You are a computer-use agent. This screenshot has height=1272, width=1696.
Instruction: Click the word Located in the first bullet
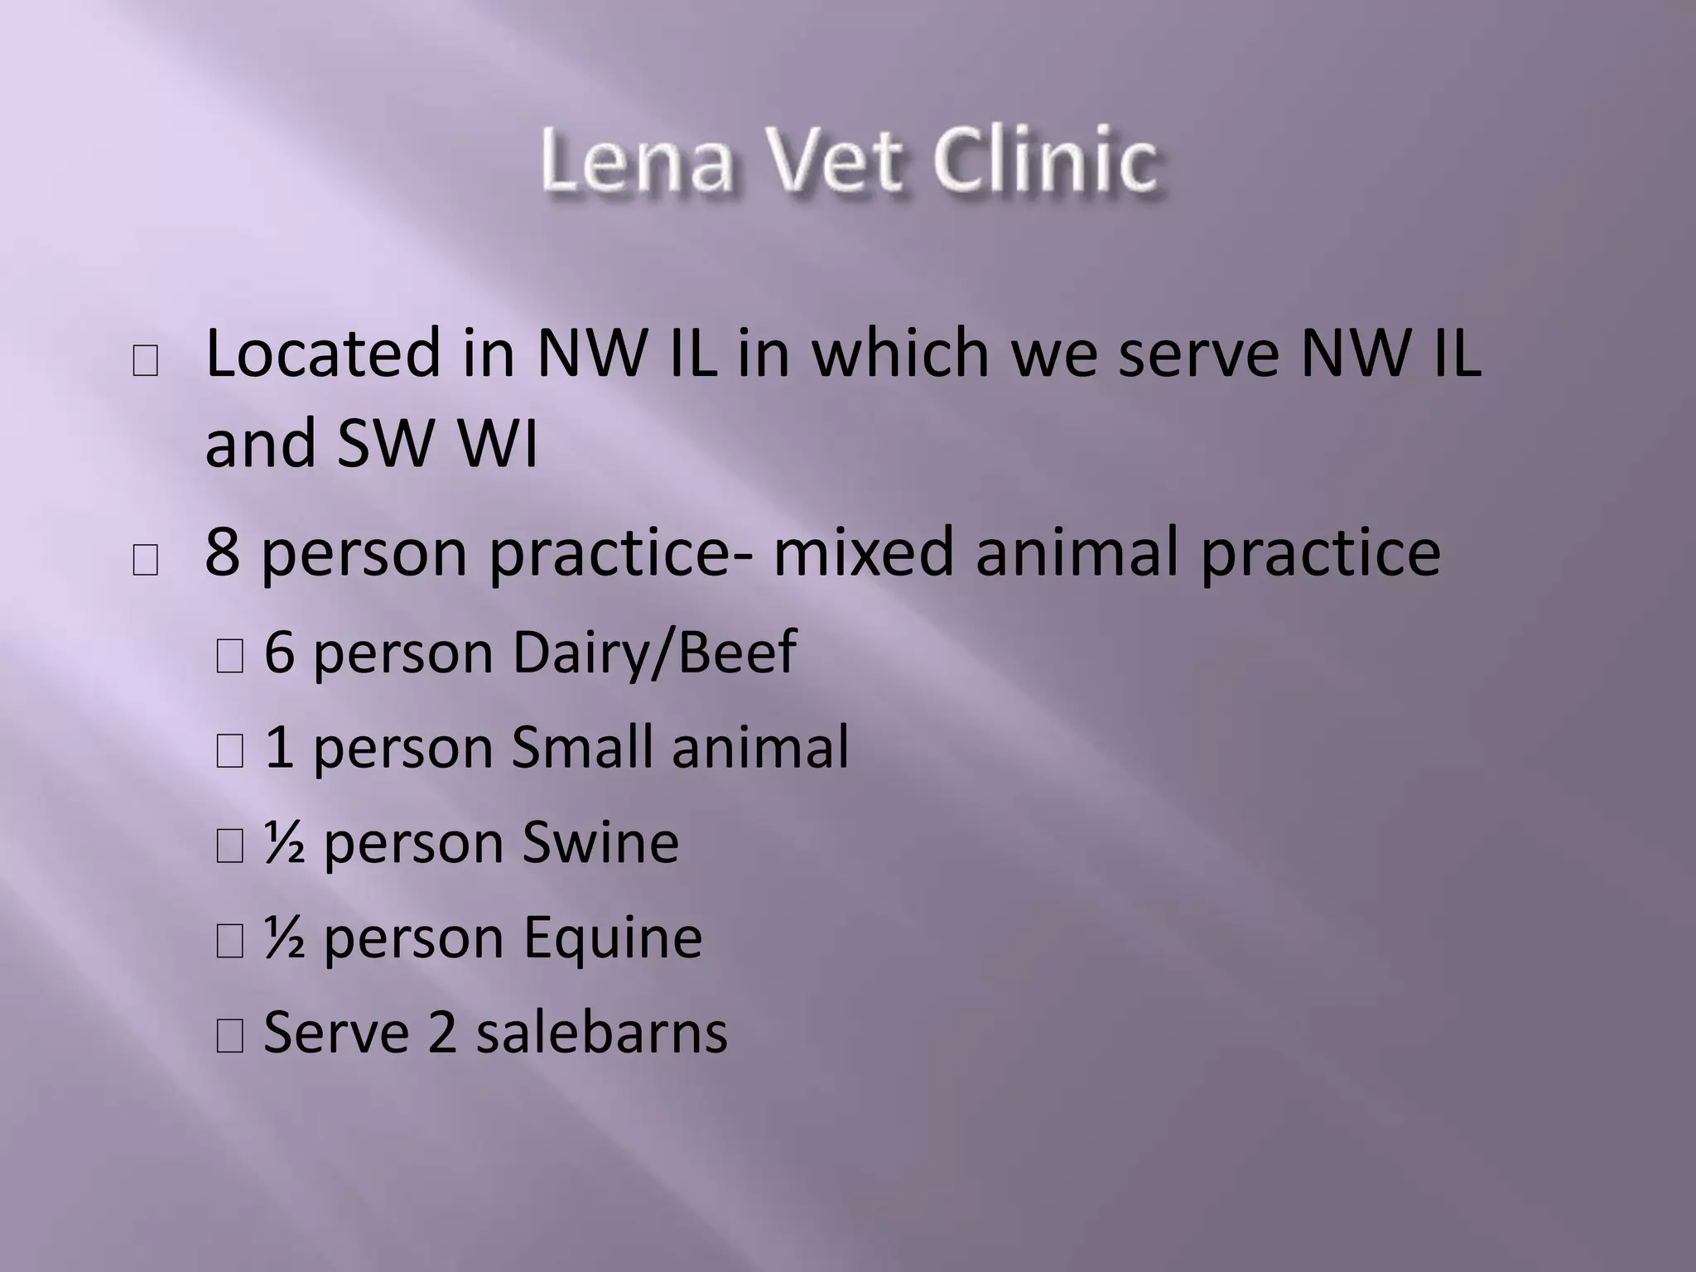(324, 354)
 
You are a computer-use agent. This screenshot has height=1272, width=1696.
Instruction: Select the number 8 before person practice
(222, 553)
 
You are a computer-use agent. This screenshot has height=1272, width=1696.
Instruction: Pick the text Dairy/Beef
(654, 653)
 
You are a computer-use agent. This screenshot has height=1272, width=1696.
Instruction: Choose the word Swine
(600, 843)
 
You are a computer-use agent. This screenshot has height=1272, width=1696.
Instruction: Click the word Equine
(613, 938)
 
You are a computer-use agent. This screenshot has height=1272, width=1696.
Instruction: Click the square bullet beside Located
(145, 361)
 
